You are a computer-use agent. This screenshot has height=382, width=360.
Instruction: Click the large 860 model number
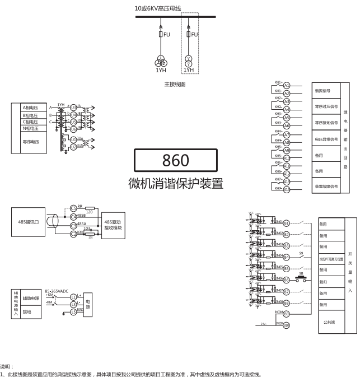[x=175, y=160]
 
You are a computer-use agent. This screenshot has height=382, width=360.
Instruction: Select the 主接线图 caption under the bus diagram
[x=174, y=85]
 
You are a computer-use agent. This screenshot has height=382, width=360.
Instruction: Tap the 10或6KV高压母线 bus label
[x=158, y=8]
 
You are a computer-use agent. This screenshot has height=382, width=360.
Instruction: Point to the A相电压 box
[x=30, y=107]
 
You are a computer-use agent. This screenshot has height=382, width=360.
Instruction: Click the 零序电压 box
[x=30, y=142]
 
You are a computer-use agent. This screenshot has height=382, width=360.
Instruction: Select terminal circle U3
[x=73, y=107]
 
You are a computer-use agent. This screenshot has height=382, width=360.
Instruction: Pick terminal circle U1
[x=73, y=139]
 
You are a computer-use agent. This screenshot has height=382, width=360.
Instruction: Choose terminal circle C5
[x=73, y=208]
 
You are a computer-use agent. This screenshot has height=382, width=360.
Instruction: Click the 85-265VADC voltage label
[x=57, y=291]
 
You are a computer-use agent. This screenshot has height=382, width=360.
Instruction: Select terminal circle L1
[x=73, y=296]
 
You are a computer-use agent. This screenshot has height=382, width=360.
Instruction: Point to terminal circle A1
[x=287, y=85]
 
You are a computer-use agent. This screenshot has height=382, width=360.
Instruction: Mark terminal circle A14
[x=287, y=189]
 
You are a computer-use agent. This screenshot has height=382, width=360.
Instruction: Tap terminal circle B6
[x=286, y=280]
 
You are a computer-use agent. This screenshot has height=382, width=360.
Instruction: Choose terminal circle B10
[x=286, y=325]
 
